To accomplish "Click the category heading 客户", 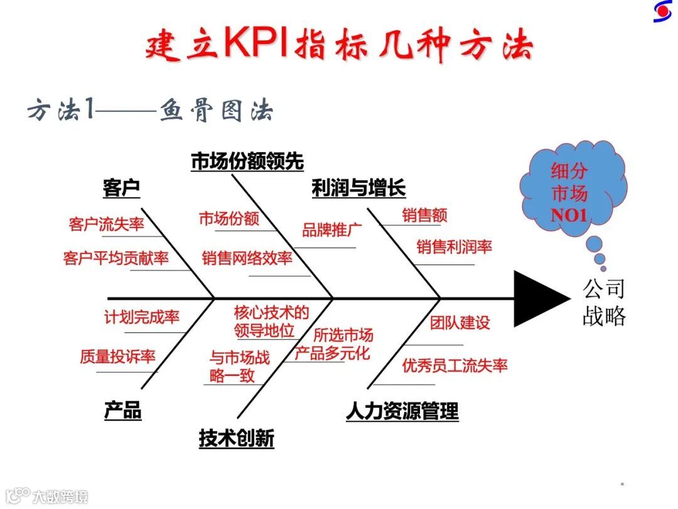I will coord(121,188).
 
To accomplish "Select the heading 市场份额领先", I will coord(247,161).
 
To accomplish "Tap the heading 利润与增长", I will coord(358,188).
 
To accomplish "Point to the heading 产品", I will coord(122,411).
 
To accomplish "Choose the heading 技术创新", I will coord(237,439).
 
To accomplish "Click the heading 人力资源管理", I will coord(402,412).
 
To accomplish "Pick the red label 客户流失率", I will coord(107,224).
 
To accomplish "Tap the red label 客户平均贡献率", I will coord(116,258).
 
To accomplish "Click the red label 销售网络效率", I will coord(247,258).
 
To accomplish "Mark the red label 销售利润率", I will coord(454,247).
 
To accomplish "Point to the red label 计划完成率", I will coord(142,317).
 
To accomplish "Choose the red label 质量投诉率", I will coord(117,357).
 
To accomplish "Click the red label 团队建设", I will coord(460,323).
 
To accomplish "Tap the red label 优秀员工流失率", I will coord(455,365).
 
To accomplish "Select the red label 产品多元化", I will coord(332,353).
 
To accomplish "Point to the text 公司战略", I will coord(604,302).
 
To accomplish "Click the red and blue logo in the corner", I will coord(663,12).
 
